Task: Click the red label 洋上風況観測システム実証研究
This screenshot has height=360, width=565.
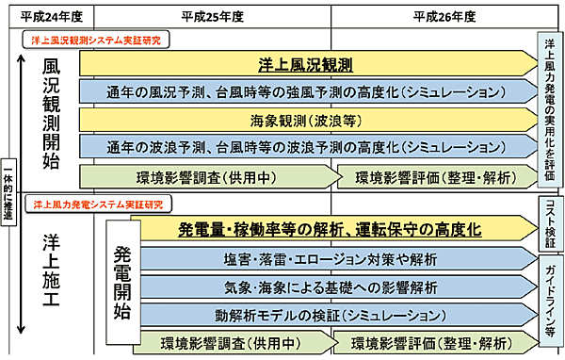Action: [97, 41]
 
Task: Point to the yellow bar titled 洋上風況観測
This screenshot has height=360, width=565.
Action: [306, 64]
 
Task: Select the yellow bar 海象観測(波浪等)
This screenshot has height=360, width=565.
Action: [306, 120]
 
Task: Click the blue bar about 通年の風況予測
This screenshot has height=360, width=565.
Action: [306, 92]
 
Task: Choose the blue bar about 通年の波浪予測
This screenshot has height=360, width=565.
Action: [306, 147]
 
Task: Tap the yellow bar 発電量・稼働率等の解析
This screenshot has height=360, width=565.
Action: [330, 229]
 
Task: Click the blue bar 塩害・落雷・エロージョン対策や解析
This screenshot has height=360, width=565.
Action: [330, 257]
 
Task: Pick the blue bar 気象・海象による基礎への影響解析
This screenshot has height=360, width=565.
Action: [330, 285]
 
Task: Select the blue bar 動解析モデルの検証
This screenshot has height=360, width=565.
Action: [330, 312]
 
